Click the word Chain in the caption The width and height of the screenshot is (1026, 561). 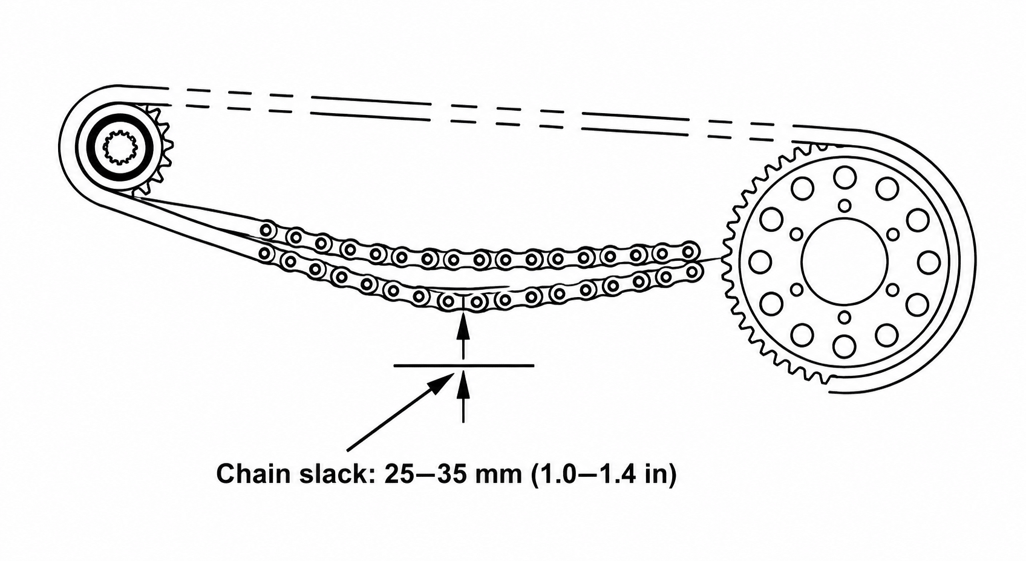(253, 474)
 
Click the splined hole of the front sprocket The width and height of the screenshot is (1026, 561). (120, 148)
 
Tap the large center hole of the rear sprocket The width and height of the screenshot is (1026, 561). (844, 261)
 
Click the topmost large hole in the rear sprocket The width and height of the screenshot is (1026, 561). (845, 177)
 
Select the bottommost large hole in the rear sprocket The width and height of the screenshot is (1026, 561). (845, 346)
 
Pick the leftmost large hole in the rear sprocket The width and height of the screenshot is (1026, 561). (760, 261)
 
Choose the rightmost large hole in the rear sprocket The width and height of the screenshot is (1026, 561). (929, 261)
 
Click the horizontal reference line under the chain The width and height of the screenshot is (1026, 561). (463, 366)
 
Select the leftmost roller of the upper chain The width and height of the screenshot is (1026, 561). (268, 230)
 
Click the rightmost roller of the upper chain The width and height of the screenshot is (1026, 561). (688, 251)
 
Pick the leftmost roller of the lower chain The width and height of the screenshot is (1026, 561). (265, 252)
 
